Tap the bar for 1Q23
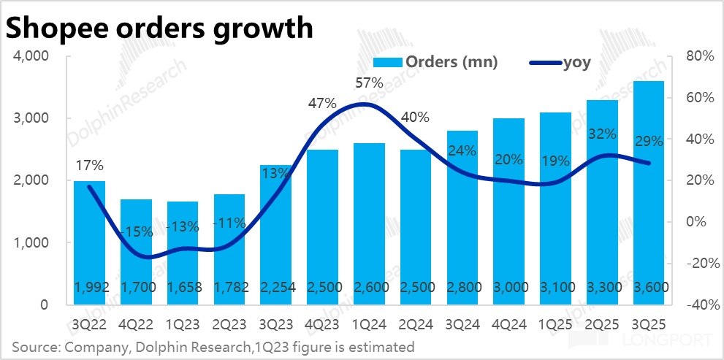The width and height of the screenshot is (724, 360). point(182,253)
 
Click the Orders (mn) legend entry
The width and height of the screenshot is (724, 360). point(435,62)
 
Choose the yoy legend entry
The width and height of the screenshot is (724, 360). point(559,63)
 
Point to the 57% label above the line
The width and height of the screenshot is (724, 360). point(369,83)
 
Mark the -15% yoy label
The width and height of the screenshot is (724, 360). point(136,232)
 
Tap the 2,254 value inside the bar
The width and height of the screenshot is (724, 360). point(275,288)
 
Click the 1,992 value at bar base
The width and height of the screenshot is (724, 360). point(89,288)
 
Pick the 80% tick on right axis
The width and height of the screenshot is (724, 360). point(698,56)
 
